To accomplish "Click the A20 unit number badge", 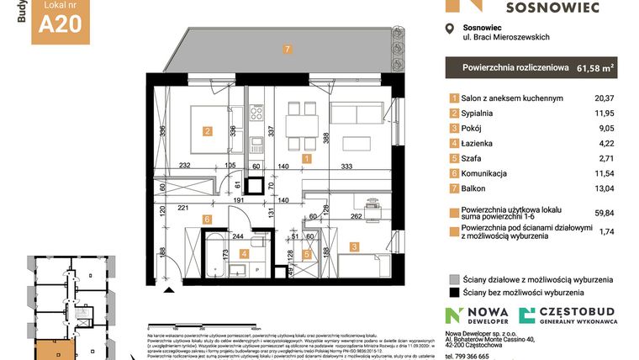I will tap(61, 24).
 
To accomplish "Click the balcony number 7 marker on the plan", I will tap(288, 50).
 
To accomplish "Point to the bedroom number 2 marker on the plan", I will tap(207, 130).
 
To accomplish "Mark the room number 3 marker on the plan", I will tap(356, 246).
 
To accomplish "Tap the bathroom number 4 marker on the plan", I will tap(245, 252).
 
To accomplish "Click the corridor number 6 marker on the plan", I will tap(205, 220).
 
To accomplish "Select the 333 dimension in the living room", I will tap(346, 167).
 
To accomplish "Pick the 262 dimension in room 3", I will tap(356, 215).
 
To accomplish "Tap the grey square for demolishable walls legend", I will tap(454, 279).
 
